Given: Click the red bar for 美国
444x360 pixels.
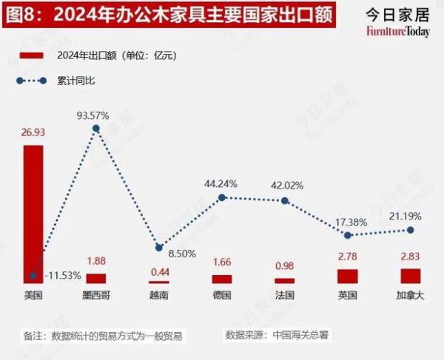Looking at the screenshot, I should coord(33,214).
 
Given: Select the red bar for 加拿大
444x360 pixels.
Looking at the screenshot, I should coord(411,276).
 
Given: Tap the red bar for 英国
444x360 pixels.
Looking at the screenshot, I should coord(348,276).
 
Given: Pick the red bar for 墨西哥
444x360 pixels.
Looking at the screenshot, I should coord(95,279).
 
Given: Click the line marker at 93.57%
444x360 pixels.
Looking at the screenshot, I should coord(95,129).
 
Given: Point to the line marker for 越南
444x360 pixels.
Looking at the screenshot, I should coord(158,247).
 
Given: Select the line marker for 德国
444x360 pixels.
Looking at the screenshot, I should coord(221,197).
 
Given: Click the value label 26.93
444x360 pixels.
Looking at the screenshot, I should coord(33,134).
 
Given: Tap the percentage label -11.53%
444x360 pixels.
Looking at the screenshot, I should coord(64,275).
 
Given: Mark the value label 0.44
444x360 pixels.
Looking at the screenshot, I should coord(158,271).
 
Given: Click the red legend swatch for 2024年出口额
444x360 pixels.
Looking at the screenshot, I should coord(30,55).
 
